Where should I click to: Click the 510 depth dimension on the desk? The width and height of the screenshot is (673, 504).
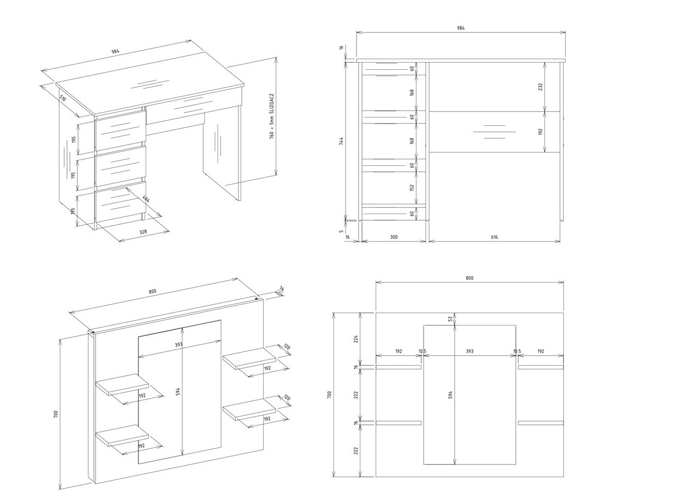click(x=63, y=99)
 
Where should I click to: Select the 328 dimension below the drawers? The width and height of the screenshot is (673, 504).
click(x=143, y=232)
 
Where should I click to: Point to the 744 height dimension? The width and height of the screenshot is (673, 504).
click(x=341, y=141)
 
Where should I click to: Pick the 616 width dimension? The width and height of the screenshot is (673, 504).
click(x=494, y=237)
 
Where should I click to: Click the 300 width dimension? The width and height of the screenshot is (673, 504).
click(x=393, y=237)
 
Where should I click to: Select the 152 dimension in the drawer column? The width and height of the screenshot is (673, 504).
click(x=412, y=187)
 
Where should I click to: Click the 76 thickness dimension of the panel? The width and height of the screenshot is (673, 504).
click(x=281, y=289)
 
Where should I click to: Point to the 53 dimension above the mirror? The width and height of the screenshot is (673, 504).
click(x=450, y=318)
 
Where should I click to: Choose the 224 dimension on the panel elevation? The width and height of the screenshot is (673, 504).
click(x=356, y=338)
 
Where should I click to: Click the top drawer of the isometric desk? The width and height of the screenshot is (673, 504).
click(x=120, y=130)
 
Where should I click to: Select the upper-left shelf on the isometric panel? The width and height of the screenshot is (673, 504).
click(x=123, y=384)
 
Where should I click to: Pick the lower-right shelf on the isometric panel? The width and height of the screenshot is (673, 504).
click(x=249, y=410)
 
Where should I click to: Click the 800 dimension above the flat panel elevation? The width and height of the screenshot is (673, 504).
click(x=469, y=278)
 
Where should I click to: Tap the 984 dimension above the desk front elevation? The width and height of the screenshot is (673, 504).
click(x=460, y=28)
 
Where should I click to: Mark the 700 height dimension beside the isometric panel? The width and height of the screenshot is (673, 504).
click(x=55, y=414)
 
